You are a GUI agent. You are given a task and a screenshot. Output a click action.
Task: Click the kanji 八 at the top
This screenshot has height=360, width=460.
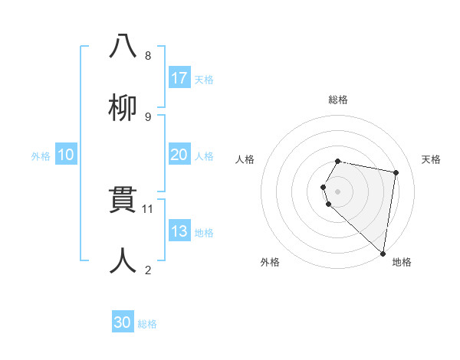tap(123, 46)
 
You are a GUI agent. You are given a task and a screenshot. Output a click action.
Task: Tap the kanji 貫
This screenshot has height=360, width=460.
tap(123, 201)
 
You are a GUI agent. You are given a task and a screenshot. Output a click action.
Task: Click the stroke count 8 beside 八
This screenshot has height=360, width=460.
tap(148, 55)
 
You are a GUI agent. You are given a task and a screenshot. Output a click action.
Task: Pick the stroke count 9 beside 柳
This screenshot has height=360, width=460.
tap(148, 116)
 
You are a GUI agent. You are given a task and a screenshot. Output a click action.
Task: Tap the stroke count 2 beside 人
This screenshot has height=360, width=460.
tap(148, 270)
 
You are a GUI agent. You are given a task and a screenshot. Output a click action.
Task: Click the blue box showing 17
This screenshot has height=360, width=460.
tap(179, 78)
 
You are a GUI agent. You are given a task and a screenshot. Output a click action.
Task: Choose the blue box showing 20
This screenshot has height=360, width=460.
tap(179, 155)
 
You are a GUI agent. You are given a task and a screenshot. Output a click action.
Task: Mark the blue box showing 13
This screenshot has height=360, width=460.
tap(179, 231)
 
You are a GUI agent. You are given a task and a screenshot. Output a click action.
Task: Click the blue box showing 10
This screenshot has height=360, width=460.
tap(65, 155)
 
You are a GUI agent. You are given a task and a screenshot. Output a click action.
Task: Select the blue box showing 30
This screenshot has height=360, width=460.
tap(123, 322)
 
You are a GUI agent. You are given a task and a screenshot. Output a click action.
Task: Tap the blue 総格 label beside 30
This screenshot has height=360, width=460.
tap(147, 324)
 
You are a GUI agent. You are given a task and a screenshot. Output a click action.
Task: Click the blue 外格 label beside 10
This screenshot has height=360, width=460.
tap(41, 156)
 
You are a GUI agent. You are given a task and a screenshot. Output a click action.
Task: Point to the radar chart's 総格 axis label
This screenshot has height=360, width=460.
tap(338, 100)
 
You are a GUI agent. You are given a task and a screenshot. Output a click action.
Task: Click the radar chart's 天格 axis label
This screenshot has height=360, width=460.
tap(432, 159)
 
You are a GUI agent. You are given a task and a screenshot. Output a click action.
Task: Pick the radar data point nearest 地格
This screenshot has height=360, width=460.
tap(383, 253)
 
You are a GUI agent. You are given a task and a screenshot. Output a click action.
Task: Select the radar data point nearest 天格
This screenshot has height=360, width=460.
tap(396, 173)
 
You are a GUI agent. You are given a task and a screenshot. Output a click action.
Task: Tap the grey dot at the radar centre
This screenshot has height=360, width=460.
tap(338, 191)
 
